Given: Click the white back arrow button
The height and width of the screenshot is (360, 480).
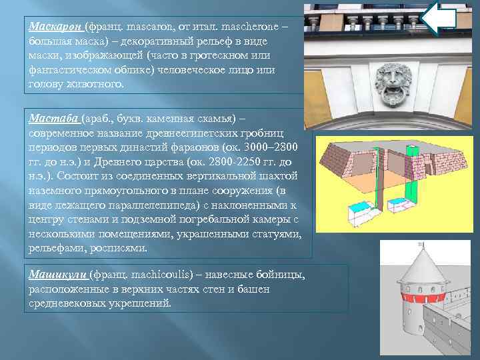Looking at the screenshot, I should click(439, 18).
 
